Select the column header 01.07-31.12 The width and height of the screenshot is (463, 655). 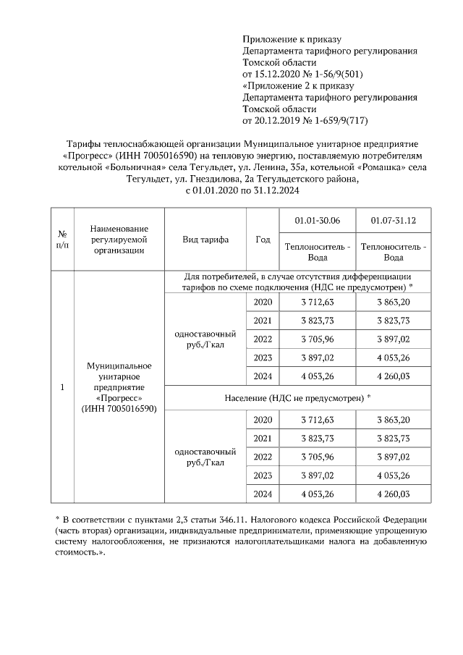tap(393, 221)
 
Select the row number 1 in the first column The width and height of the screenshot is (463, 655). tap(62, 387)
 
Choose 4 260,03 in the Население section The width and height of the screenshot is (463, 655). tap(393, 494)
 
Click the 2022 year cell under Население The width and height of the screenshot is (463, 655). tap(263, 457)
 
